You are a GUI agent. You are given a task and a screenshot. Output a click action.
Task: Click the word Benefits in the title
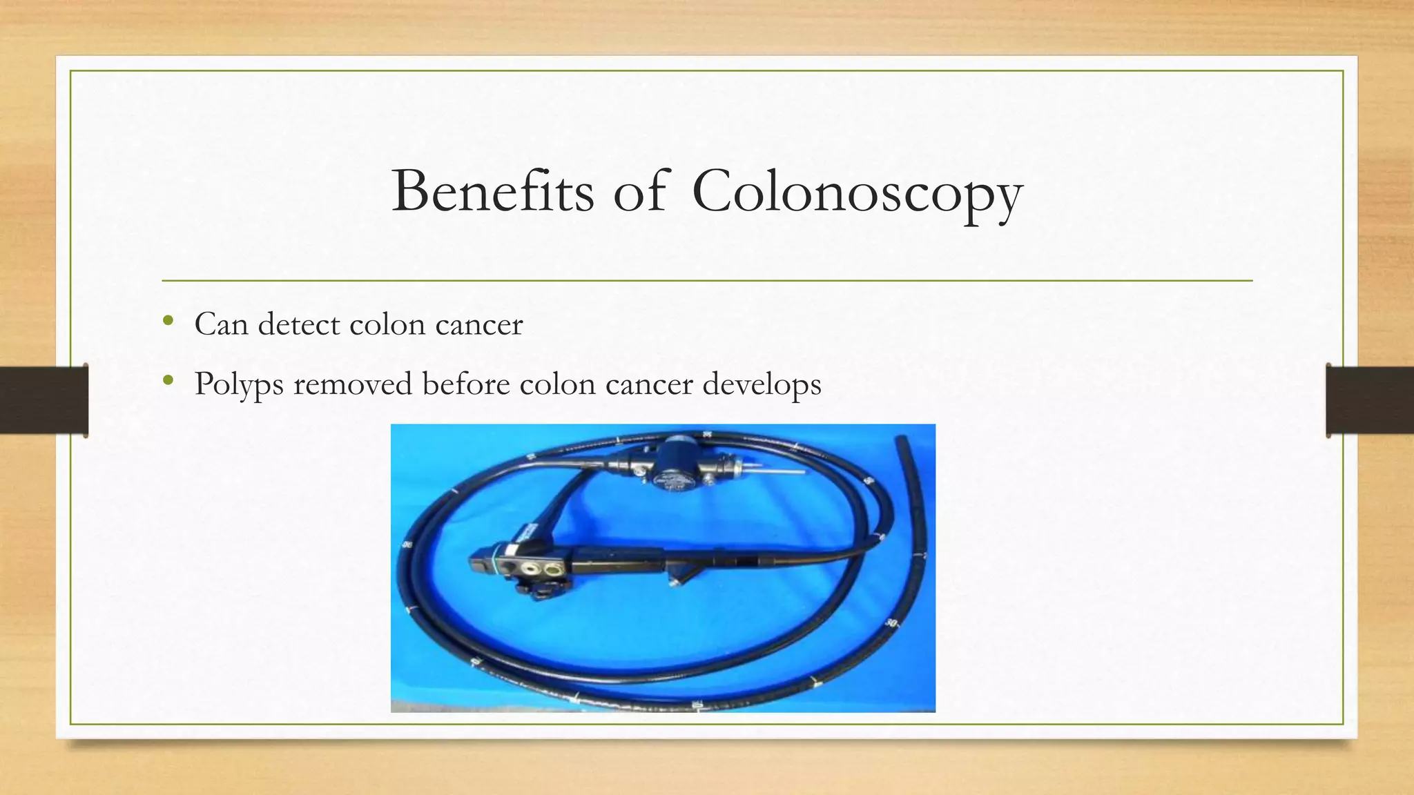(x=492, y=191)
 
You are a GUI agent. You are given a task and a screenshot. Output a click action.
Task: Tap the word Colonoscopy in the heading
(x=857, y=193)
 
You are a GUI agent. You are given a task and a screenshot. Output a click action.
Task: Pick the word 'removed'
(x=352, y=384)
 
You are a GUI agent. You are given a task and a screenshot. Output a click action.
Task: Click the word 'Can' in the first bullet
(x=220, y=324)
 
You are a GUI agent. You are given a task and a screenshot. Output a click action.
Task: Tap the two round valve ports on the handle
(x=543, y=569)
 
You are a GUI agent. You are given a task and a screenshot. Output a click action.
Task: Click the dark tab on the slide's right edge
(x=1370, y=400)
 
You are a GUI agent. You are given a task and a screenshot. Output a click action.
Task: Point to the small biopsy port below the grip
(x=675, y=582)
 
